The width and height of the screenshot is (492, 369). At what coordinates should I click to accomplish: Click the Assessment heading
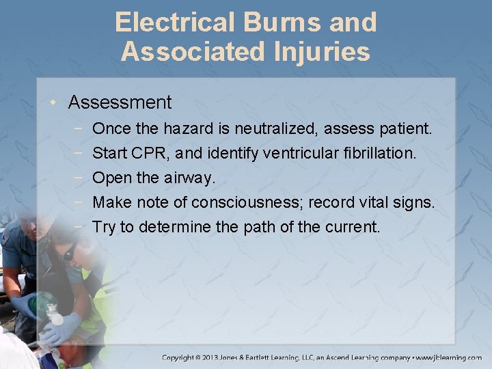[x=120, y=102]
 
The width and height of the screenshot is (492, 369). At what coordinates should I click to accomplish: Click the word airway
[x=189, y=178]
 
